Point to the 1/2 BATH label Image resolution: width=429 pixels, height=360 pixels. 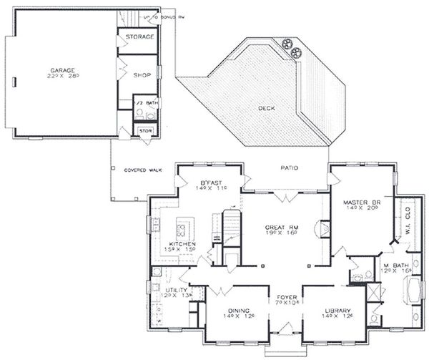(x=149, y=102)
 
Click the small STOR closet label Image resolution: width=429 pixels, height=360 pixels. (x=146, y=131)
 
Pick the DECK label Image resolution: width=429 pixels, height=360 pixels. (x=267, y=108)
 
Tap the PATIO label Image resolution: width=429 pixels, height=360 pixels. (x=289, y=169)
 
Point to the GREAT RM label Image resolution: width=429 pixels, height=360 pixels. (x=283, y=227)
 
